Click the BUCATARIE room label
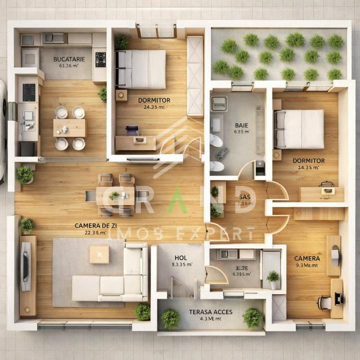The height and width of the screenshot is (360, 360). pos(69,59)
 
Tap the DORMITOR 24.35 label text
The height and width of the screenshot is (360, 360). pos(154,100)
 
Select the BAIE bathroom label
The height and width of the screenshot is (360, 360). pos(241,125)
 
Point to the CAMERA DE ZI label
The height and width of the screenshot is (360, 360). pos(90,225)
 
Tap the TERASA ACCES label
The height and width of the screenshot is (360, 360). pos(210,312)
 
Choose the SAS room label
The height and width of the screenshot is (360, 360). pos(244,196)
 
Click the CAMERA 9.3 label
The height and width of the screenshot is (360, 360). pos(307,258)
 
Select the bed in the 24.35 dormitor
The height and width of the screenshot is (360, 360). pos(141,69)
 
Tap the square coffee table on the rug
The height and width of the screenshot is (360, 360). pos(99,254)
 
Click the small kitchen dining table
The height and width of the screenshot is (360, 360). pos(69,128)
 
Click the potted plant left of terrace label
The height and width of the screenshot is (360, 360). pos(170,318)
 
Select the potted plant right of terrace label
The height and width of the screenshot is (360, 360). pos(252,317)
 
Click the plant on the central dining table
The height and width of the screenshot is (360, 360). pos(114,195)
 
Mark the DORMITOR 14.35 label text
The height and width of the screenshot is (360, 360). pos(308,161)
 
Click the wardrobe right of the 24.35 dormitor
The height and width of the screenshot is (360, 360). pos(195,75)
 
